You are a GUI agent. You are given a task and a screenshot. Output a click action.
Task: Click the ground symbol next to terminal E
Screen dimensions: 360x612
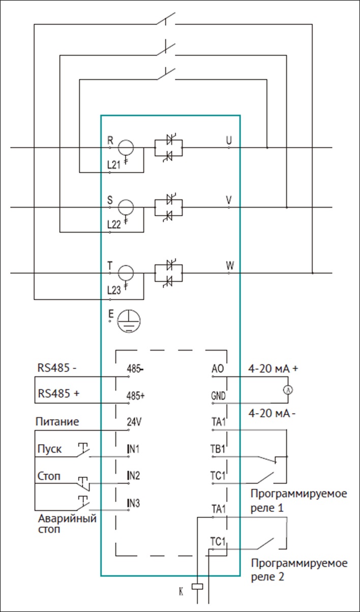[129, 321]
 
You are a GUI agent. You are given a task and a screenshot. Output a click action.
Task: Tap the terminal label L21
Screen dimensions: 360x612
[113, 165]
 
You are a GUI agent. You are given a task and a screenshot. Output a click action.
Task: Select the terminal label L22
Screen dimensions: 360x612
[114, 224]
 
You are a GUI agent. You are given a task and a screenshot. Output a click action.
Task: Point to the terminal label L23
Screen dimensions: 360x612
[114, 290]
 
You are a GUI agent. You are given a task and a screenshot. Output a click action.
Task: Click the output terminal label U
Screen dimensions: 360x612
[229, 140]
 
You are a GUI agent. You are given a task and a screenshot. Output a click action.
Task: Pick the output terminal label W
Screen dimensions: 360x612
[230, 265]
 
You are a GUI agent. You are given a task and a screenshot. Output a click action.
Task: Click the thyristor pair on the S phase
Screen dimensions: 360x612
[168, 208]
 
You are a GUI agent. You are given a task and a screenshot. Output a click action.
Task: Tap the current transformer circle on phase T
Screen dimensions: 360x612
[126, 273]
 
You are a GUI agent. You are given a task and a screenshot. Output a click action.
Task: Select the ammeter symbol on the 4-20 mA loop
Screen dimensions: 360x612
[288, 390]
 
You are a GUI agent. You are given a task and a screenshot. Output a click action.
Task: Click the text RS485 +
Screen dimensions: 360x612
[58, 393]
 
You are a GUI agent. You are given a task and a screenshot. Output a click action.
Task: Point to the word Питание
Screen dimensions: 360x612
[57, 422]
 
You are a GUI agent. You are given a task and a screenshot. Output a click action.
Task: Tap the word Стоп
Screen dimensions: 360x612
[49, 476]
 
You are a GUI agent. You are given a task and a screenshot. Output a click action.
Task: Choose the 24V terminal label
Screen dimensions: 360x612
[134, 422]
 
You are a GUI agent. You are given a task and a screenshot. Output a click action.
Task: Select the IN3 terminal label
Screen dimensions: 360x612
[133, 503]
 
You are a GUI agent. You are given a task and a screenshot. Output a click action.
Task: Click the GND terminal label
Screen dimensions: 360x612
[218, 396]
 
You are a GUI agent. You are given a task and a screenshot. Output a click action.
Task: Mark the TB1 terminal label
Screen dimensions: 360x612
[218, 449]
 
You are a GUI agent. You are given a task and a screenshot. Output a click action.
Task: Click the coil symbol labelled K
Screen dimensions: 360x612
[197, 587]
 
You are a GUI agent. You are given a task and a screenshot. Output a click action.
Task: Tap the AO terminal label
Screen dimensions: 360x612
[218, 369]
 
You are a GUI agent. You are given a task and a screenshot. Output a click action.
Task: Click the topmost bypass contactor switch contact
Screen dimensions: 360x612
[166, 19]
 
